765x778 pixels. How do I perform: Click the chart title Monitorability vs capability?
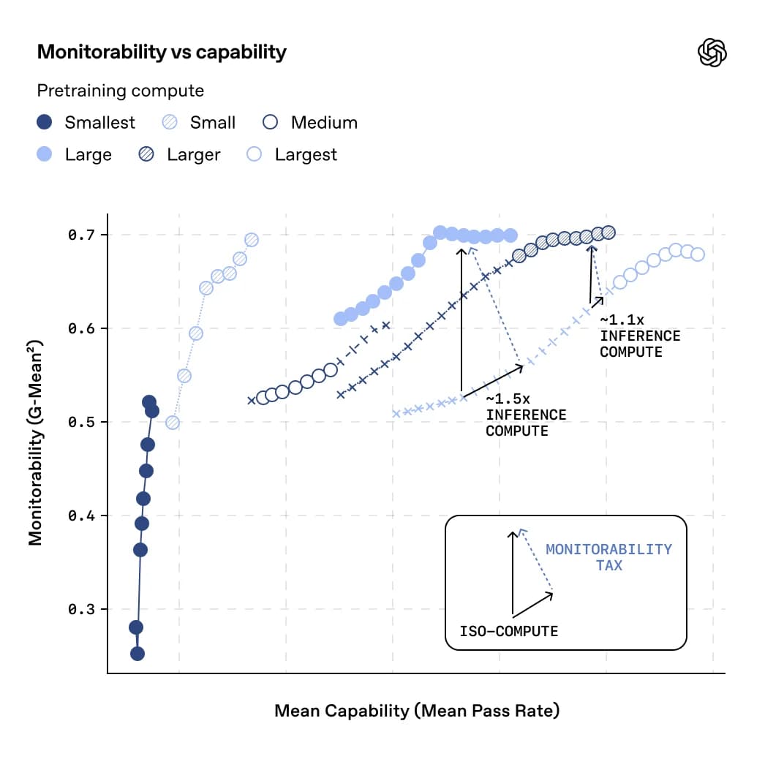162,52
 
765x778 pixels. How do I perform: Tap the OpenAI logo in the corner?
712,52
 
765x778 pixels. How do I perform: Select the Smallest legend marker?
45,122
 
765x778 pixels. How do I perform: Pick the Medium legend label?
324,122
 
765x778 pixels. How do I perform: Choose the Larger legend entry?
193,154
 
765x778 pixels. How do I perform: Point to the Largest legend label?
306,154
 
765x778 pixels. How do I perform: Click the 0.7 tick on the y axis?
82,235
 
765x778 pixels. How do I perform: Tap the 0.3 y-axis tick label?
82,610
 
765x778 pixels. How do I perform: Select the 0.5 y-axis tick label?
82,423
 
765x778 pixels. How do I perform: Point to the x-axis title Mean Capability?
417,711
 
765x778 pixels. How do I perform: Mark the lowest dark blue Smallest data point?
137,653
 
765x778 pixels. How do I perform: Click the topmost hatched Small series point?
252,240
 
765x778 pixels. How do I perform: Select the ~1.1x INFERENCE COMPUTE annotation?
639,336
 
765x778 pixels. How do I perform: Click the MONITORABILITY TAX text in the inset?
608,557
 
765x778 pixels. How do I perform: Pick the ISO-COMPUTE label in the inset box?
508,631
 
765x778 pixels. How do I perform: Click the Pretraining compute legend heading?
121,91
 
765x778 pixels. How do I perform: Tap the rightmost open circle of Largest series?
698,254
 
